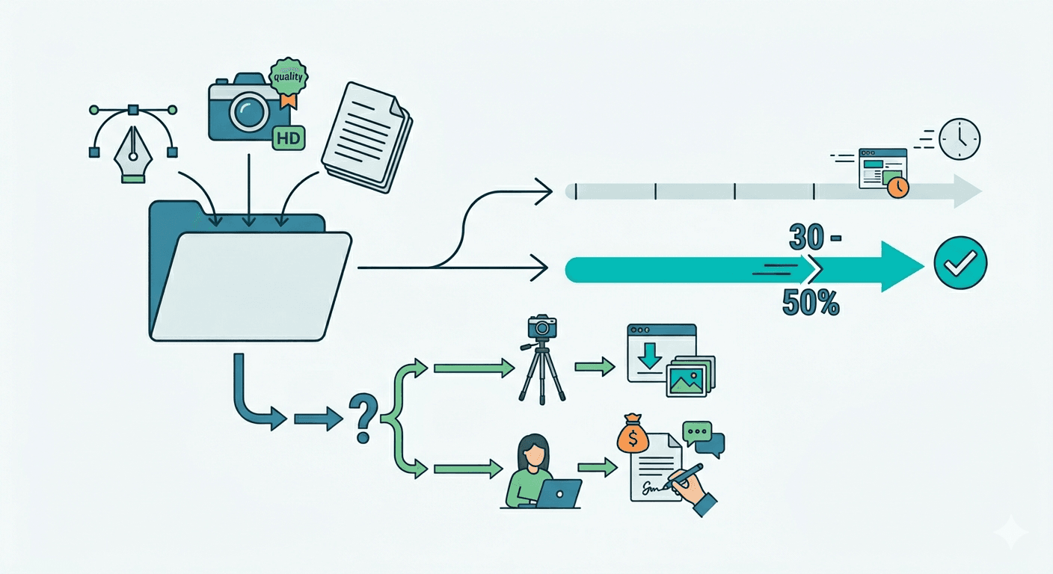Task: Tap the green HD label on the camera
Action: click(x=289, y=138)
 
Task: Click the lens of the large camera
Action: click(x=248, y=111)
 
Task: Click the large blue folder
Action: click(x=250, y=271)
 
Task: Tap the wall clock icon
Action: click(x=960, y=139)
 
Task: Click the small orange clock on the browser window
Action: click(x=898, y=187)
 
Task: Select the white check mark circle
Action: click(x=960, y=262)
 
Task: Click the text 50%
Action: click(x=811, y=303)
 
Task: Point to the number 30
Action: click(x=807, y=237)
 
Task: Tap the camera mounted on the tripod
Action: click(x=542, y=327)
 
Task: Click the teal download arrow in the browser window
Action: click(x=650, y=356)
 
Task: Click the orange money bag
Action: click(x=633, y=433)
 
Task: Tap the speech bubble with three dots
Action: click(x=697, y=432)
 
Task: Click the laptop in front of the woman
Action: click(x=559, y=493)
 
